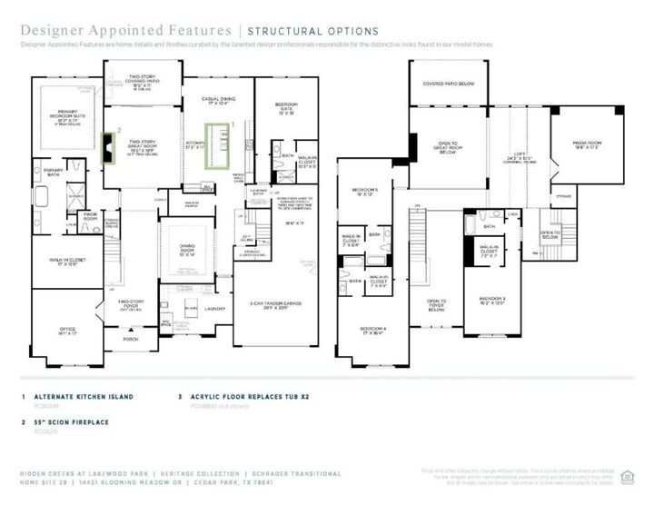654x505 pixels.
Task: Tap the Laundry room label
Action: coord(214,309)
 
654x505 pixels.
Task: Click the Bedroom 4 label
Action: coord(372,330)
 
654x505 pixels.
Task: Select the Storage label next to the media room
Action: coord(563,195)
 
